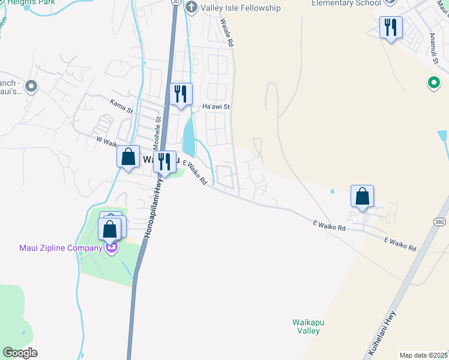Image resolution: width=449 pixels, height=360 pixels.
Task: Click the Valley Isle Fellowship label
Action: tap(241, 8)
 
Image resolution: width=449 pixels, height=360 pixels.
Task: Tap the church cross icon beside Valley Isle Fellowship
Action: tap(191, 7)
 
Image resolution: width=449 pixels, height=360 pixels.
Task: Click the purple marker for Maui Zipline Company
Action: tap(111, 247)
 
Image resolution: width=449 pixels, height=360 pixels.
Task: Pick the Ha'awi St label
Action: tap(216, 107)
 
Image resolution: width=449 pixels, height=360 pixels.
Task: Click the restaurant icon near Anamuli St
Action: tap(391, 27)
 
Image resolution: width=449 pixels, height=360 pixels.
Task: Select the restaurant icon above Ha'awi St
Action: tap(181, 94)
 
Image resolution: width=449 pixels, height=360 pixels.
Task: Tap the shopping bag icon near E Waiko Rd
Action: tap(362, 196)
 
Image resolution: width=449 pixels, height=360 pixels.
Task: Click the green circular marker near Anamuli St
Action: tap(432, 83)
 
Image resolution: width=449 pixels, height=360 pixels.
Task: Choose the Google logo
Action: tap(20, 353)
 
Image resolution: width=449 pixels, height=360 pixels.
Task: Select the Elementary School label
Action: tap(346, 3)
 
